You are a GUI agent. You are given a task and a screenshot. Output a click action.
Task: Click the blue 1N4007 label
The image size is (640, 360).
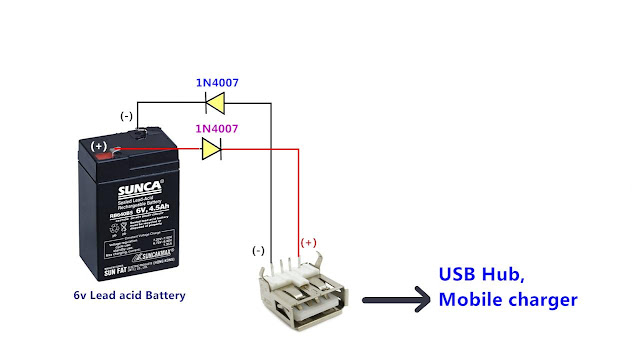(218, 82)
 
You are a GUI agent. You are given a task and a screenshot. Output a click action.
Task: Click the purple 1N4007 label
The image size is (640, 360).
(217, 130)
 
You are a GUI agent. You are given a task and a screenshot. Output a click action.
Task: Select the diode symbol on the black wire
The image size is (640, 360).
(213, 101)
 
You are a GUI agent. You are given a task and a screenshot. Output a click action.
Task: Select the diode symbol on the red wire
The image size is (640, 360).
(211, 150)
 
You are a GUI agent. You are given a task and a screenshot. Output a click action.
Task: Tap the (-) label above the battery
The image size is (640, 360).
(127, 117)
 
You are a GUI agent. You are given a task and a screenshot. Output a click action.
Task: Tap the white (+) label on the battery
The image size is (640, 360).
(99, 146)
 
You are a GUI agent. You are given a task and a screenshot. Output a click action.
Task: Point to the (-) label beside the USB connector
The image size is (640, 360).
(258, 250)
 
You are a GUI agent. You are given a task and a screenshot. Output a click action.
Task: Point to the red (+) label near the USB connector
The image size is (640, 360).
(309, 242)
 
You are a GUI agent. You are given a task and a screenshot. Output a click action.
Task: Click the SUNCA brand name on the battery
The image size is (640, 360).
(125, 184)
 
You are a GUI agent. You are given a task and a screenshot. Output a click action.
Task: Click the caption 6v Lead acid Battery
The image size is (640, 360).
(129, 295)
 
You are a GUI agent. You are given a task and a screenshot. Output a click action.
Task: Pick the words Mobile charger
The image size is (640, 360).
(508, 299)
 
